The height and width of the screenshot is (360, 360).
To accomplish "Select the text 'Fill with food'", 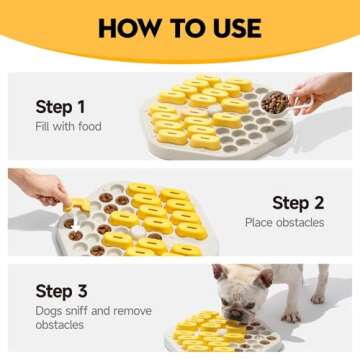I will coord(68,126).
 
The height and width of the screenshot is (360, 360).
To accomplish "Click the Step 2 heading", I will coord(298,203).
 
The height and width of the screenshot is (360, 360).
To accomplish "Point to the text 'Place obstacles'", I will coord(284,222).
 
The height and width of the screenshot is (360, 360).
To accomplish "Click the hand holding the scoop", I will coord(315,91).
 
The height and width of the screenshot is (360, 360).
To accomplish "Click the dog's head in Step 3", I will coord(240,290).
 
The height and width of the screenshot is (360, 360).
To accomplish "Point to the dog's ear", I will coord(219,271).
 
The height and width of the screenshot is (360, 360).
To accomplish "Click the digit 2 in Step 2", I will coord(317,203).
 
